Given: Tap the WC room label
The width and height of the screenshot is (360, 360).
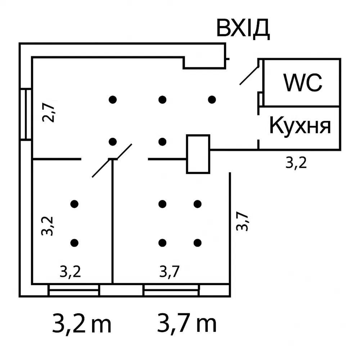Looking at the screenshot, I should click(x=302, y=82).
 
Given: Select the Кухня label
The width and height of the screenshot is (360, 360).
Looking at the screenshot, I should click(x=300, y=126).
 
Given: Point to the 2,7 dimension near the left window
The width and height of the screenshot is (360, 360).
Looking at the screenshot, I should click(x=48, y=112).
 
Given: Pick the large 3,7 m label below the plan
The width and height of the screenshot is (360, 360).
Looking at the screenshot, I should click(x=187, y=323).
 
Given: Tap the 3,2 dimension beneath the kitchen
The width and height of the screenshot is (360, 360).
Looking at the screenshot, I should click(x=296, y=163).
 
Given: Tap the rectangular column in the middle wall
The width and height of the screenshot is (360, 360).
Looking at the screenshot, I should click(x=198, y=154).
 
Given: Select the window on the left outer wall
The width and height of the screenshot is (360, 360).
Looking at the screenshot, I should click(x=26, y=114).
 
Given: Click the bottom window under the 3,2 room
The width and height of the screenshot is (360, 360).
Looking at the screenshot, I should click(x=73, y=290).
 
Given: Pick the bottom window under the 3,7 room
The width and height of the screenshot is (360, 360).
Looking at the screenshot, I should click(x=171, y=290).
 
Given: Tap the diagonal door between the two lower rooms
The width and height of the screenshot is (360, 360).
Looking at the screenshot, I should click(x=112, y=161).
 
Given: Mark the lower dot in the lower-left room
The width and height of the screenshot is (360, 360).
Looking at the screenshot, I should click(x=75, y=243).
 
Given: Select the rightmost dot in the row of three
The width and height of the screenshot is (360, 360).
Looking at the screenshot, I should click(x=212, y=99).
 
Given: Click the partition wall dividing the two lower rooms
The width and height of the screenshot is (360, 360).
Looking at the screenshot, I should click(x=113, y=223).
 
